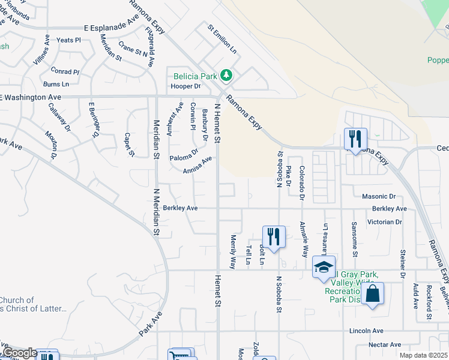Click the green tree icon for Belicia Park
coord(226,76)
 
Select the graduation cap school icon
coord(323,266)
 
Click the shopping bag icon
coord(372,293)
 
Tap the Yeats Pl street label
coord(68,40)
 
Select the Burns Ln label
coord(56,85)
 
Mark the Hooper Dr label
coord(185,86)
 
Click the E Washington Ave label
coord(31,97)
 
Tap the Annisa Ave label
coord(198,165)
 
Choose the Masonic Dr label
coord(379,196)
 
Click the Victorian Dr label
coord(386,221)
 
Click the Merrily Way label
coord(233,251)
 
